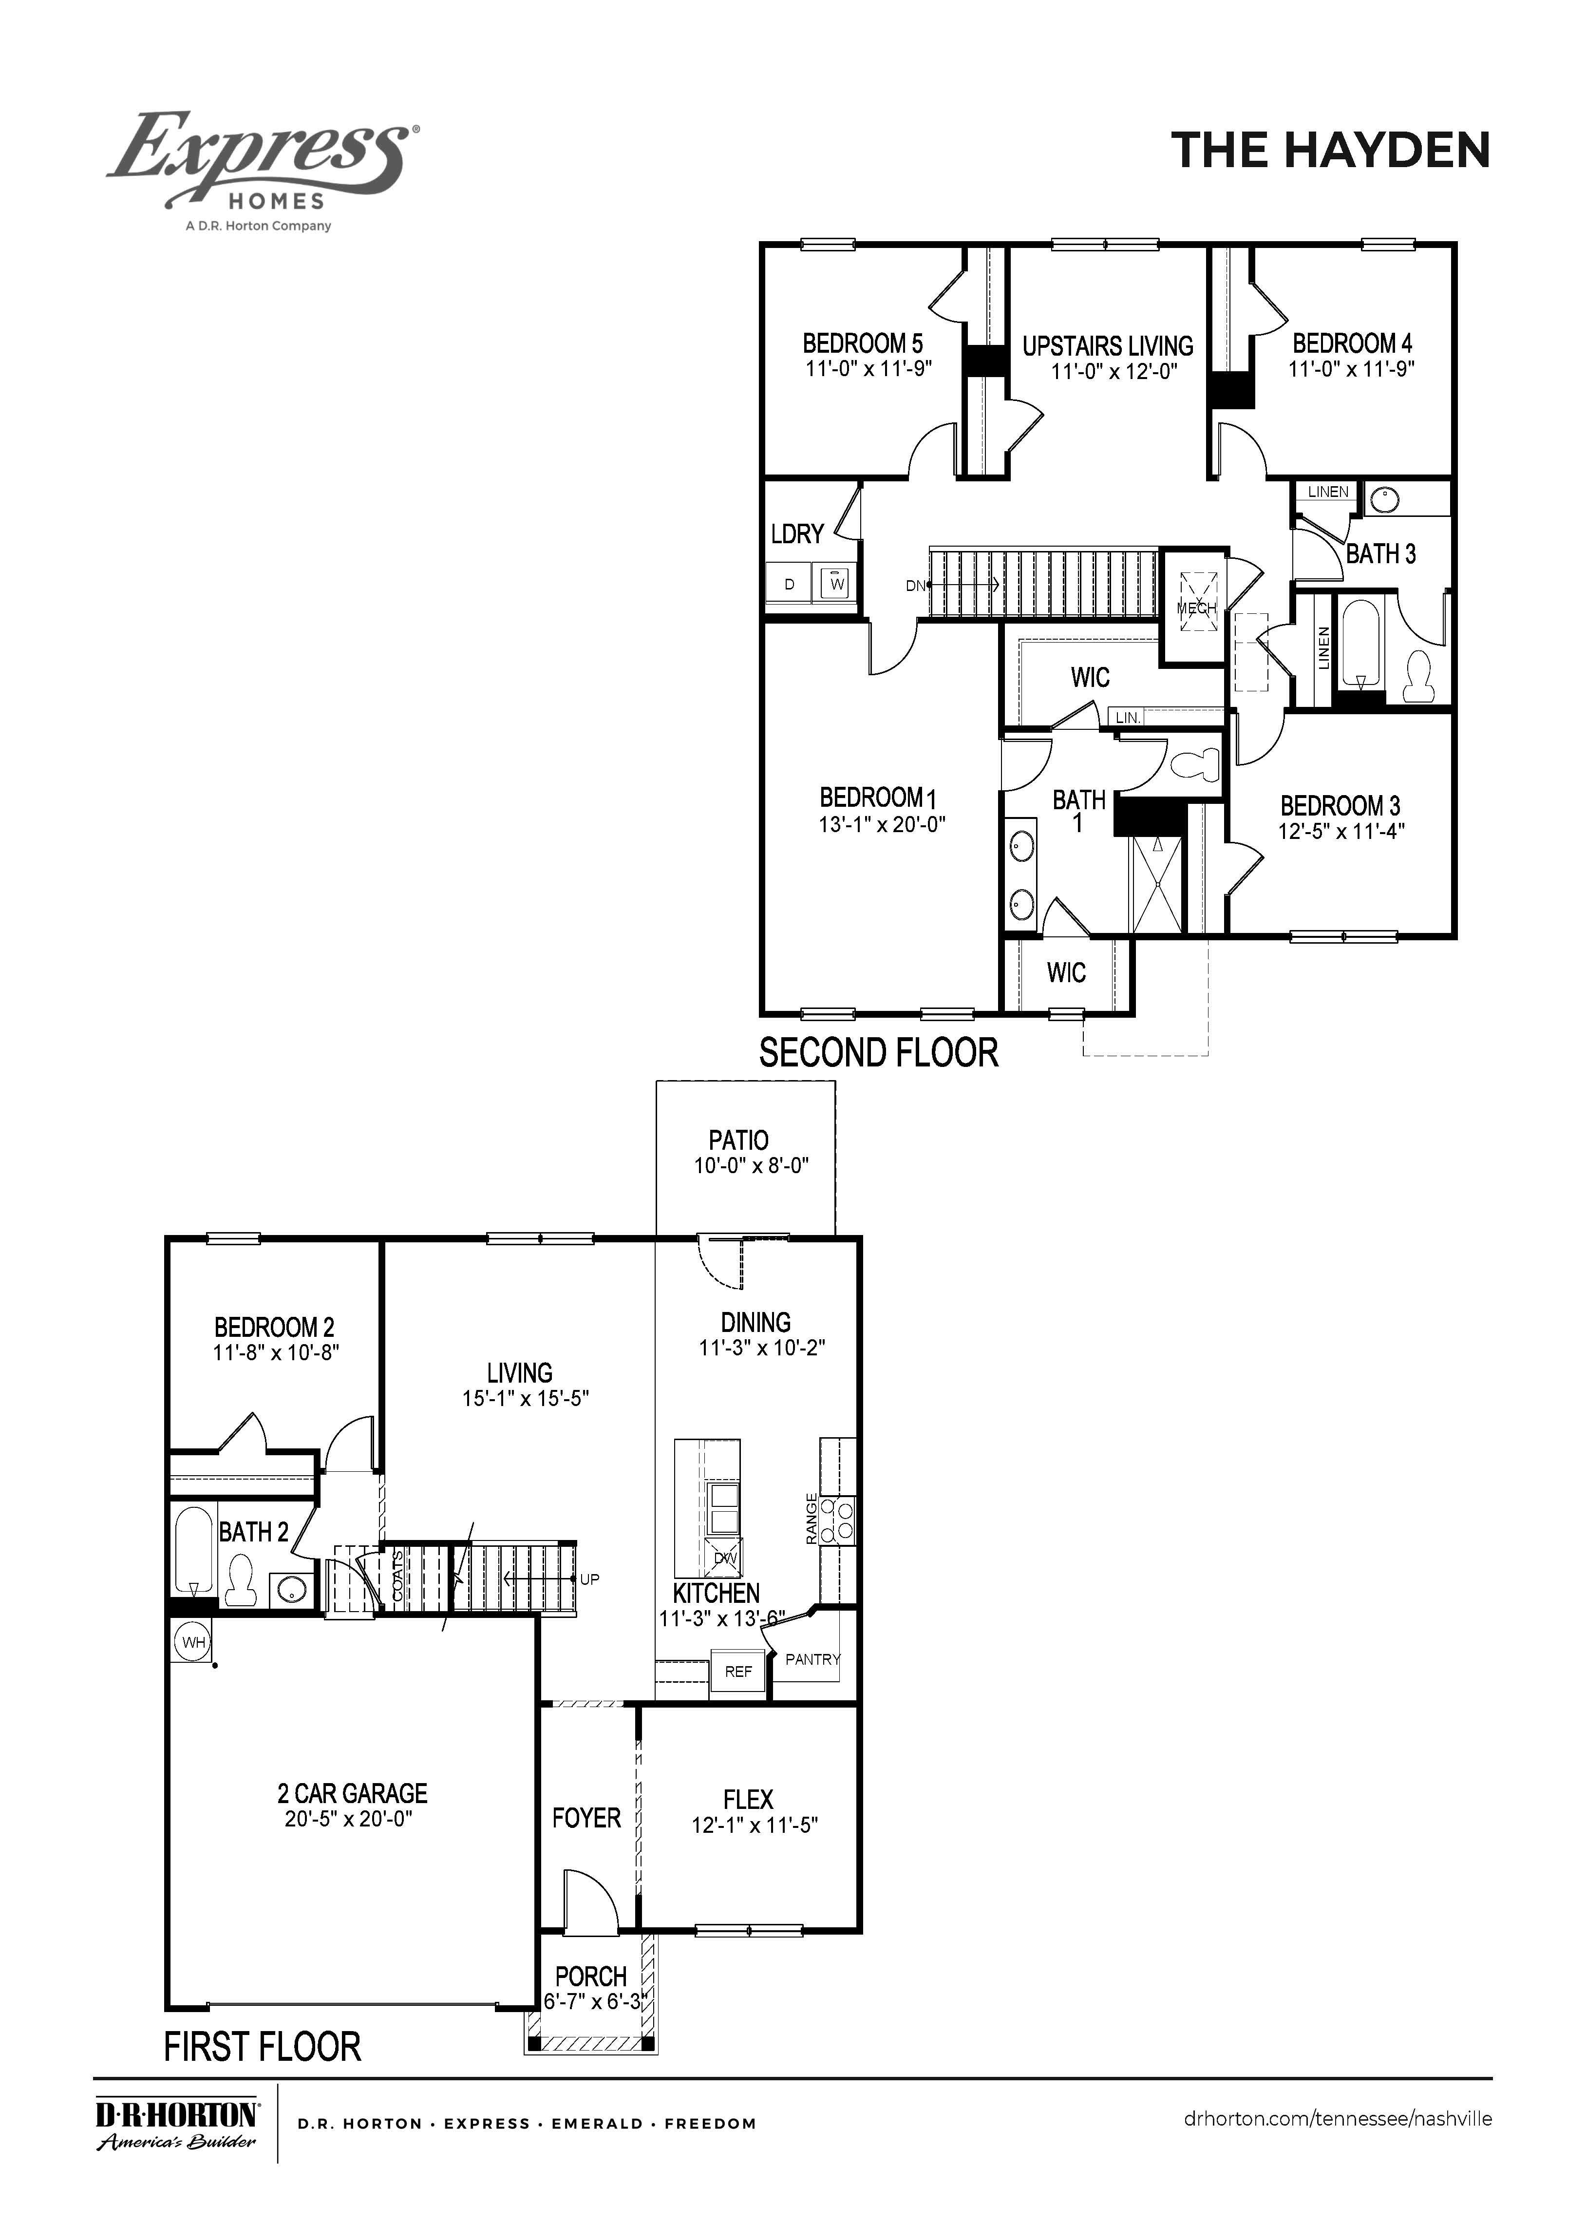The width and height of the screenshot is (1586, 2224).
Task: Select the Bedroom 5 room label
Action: (x=862, y=344)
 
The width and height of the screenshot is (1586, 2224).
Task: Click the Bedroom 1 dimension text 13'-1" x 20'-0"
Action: (x=882, y=824)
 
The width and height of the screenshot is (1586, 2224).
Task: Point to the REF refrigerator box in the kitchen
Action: (x=738, y=1672)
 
